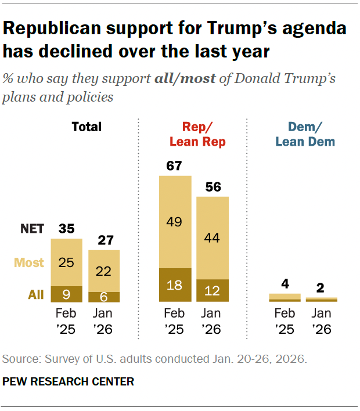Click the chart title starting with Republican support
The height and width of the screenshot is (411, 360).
point(174,39)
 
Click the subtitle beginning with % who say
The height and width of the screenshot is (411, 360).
point(169,87)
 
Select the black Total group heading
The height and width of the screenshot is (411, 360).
point(86,127)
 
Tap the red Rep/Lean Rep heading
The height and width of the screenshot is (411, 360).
point(197,134)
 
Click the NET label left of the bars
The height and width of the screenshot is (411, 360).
point(32,229)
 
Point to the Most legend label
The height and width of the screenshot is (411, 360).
point(30,262)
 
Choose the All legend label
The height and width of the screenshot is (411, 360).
point(35,294)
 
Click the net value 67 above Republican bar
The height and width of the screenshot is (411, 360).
point(175,165)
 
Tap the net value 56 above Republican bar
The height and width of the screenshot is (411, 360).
point(213,187)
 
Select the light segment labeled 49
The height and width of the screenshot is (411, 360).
point(175,222)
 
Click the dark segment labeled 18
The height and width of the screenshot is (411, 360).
point(175,285)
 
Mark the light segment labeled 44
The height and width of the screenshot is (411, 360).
point(213,238)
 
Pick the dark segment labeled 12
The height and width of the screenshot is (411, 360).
point(213,290)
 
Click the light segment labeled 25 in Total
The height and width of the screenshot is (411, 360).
point(66,262)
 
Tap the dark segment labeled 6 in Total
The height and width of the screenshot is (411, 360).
point(104,296)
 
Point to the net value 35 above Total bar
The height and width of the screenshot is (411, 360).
point(66,229)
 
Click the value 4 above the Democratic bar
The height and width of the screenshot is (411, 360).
point(285,284)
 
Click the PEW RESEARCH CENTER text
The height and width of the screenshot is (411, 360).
point(69,381)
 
